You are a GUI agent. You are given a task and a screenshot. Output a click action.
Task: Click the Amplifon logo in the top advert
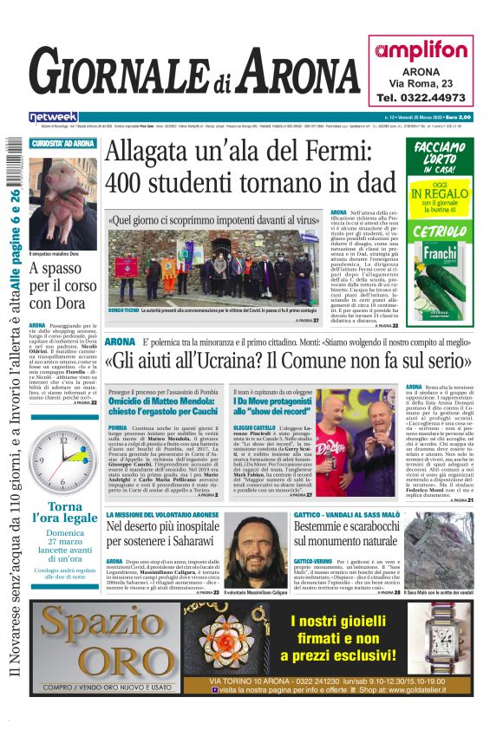[x=421, y=50]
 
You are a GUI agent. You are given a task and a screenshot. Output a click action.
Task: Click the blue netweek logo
[x=53, y=117]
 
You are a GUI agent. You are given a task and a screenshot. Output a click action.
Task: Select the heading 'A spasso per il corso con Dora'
[x=62, y=285]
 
